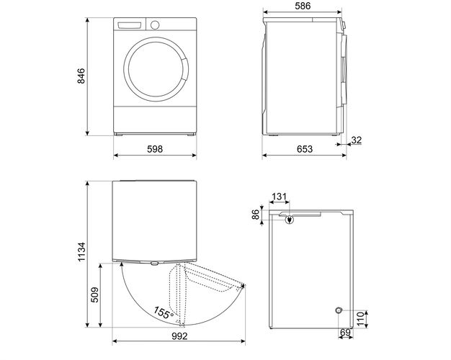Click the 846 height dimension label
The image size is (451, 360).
[81, 76]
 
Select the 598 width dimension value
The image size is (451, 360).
[155, 149]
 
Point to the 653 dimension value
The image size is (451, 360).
[305, 149]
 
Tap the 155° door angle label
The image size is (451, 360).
[163, 313]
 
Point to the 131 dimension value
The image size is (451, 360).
[280, 196]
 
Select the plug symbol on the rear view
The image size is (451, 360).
[290, 220]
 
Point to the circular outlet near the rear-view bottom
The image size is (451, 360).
[338, 310]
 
